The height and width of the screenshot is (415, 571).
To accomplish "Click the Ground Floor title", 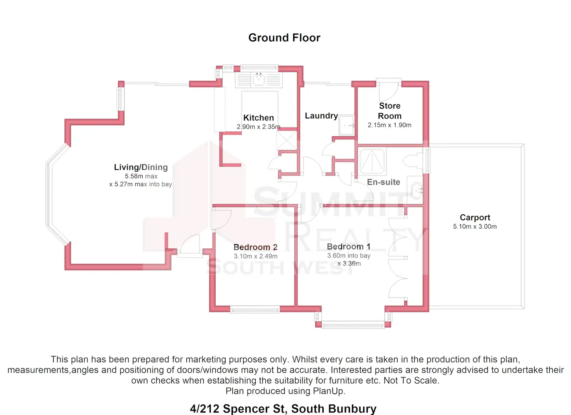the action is (284, 38).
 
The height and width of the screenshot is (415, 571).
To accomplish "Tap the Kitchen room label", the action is (258, 118).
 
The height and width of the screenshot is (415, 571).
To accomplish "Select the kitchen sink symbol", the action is (259, 80).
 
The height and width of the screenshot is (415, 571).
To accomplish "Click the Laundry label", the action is (321, 115).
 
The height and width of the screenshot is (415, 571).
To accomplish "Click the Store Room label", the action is (389, 111).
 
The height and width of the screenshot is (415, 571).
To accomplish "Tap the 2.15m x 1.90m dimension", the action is (389, 125).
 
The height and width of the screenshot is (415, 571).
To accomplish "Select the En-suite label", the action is (383, 182).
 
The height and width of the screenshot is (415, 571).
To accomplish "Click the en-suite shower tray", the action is (372, 161).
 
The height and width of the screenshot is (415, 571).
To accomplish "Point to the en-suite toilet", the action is (413, 161).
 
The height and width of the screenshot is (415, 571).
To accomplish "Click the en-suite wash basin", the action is (417, 190).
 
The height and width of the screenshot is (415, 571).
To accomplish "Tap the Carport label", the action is (475, 217).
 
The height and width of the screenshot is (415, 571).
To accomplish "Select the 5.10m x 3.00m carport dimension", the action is (475, 227).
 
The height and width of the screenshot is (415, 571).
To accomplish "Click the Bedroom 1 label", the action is (348, 246).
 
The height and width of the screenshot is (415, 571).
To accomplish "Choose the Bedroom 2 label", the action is (255, 247).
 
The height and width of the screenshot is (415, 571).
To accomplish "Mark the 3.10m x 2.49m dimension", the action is (255, 256).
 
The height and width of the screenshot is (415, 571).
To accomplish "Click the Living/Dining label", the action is (141, 167).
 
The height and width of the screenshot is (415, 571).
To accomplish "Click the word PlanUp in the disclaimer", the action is (329, 391).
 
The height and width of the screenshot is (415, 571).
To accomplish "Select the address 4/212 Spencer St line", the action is (283, 408).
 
